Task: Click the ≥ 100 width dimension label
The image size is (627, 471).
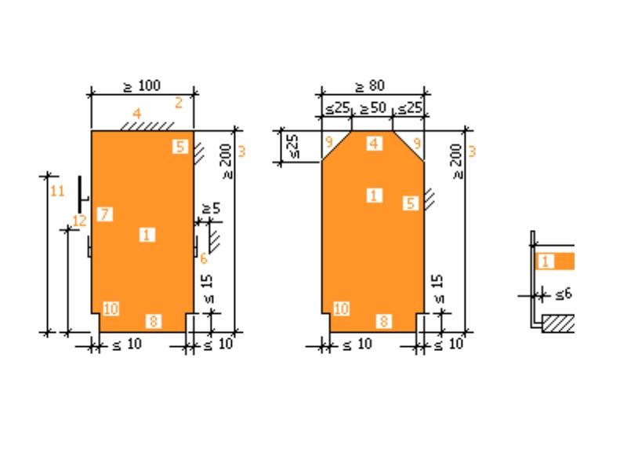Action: (x=142, y=86)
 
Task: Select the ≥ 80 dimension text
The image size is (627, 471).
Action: (x=370, y=86)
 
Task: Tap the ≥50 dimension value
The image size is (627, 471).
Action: (x=373, y=108)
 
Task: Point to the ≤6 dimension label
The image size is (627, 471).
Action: (x=564, y=295)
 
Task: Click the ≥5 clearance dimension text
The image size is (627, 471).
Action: (x=212, y=209)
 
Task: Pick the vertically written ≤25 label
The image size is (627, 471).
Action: (x=292, y=146)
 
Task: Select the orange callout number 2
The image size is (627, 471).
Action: (x=179, y=104)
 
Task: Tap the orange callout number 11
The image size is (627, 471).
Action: (x=57, y=191)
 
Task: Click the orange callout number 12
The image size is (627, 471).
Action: (x=80, y=221)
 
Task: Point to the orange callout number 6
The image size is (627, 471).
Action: (x=204, y=259)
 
